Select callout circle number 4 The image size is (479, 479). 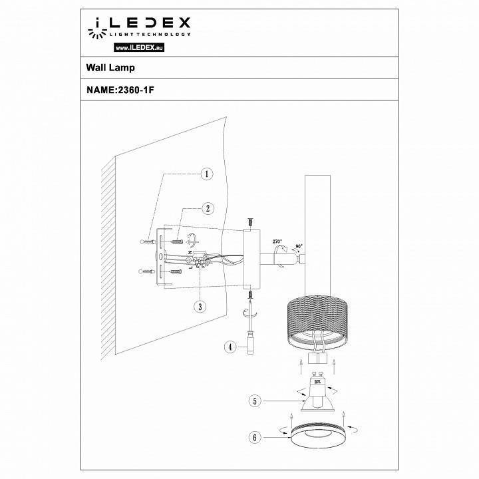coord(228,346)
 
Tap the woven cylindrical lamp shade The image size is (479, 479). coord(314,322)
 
